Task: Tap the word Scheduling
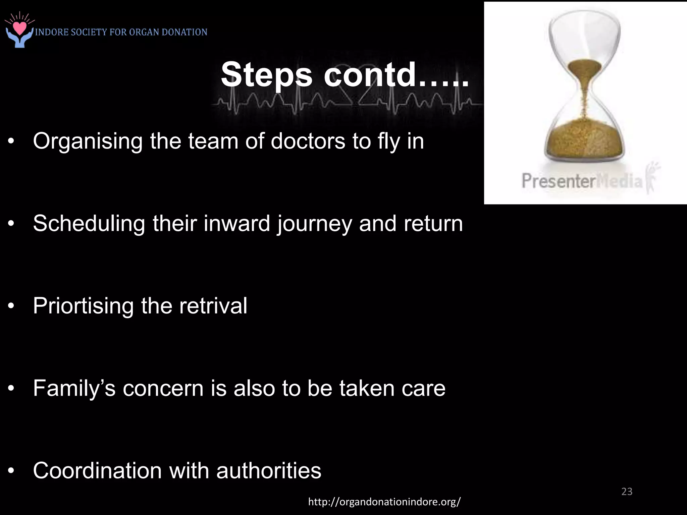[89, 224]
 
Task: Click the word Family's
[74, 388]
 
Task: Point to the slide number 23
[627, 492]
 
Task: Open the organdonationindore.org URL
[384, 502]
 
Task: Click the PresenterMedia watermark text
[582, 181]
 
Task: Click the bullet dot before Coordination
[11, 471]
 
